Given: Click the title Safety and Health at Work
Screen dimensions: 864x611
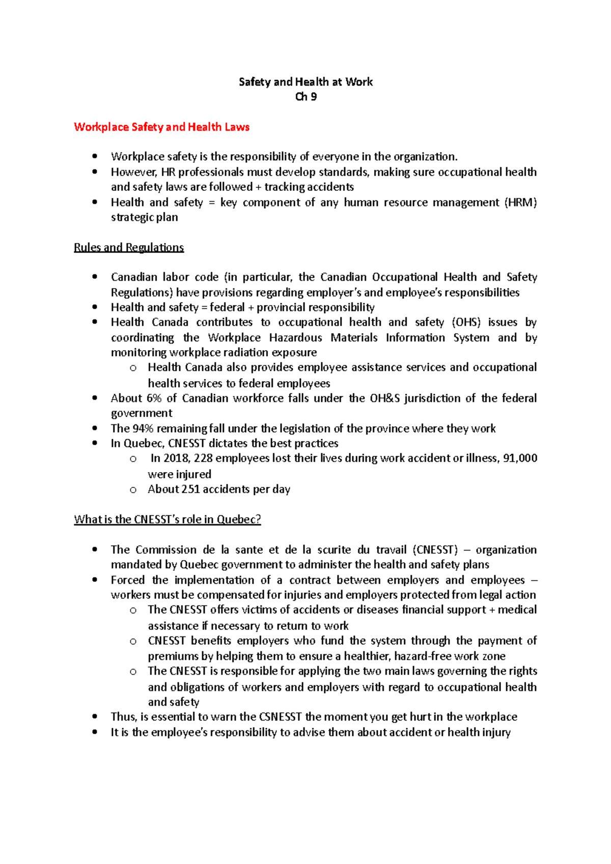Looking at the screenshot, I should pos(305,82).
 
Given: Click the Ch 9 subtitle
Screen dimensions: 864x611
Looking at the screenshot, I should pos(305,97).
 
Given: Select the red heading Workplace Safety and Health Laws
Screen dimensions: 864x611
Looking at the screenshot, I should pos(161,127).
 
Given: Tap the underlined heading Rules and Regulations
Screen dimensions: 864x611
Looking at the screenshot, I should pos(129,248).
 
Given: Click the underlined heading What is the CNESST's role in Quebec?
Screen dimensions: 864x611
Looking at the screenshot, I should pos(168,520).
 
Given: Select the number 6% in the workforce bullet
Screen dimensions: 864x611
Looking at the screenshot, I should pos(154,398).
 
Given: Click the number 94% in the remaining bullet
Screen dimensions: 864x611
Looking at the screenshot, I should pos(143,428).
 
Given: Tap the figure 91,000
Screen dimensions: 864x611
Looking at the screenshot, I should pos(520,458).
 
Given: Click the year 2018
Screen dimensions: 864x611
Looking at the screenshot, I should pos(176,458).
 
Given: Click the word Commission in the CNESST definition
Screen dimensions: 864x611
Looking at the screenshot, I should pos(166,550).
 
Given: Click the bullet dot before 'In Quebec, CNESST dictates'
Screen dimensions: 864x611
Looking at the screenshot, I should pos(95,443).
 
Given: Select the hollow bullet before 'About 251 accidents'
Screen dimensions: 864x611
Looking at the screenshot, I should pos(133,490).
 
